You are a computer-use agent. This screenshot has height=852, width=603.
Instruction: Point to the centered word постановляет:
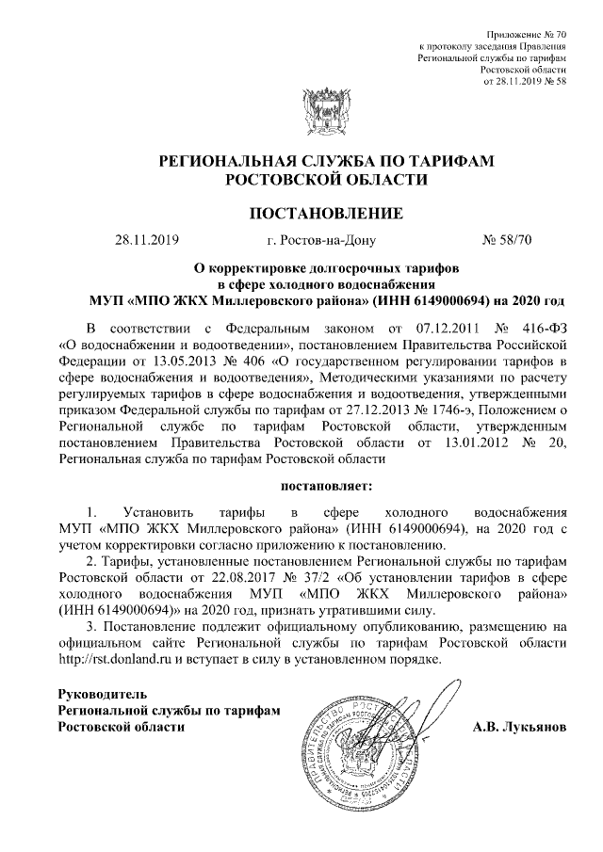click(x=326, y=487)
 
